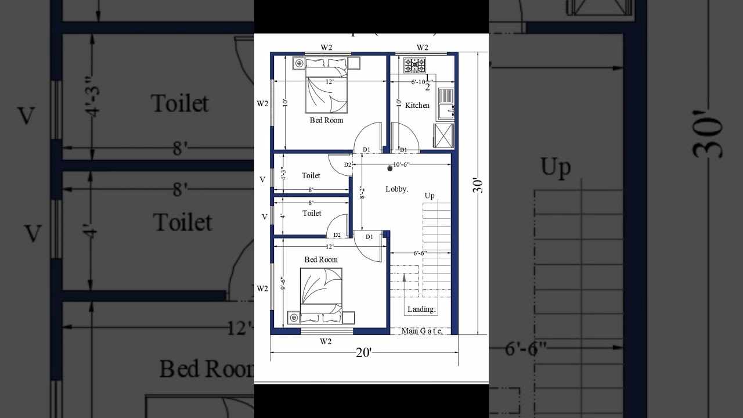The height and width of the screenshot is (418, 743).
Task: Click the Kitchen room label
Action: pyautogui.click(x=417, y=105)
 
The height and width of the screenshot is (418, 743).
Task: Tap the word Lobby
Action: pyautogui.click(x=397, y=189)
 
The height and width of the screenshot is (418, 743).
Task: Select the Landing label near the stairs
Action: pyautogui.click(x=421, y=309)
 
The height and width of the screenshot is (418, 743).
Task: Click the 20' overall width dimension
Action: pyautogui.click(x=363, y=352)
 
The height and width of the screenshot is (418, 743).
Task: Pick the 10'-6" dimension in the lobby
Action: pyautogui.click(x=401, y=164)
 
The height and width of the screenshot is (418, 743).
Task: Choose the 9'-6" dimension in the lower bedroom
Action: pyautogui.click(x=283, y=283)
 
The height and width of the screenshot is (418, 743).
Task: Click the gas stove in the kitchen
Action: pyautogui.click(x=414, y=64)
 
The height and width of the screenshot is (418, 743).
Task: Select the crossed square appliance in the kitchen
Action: pyautogui.click(x=443, y=136)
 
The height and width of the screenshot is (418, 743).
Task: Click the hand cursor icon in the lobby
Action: pyautogui.click(x=390, y=167)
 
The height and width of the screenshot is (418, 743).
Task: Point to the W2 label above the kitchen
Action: pyautogui.click(x=422, y=47)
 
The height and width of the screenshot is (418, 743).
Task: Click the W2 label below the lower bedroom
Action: pyautogui.click(x=326, y=341)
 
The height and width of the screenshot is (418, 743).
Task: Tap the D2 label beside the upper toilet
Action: pyautogui.click(x=347, y=165)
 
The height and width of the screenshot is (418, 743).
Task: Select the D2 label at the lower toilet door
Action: pyautogui.click(x=337, y=235)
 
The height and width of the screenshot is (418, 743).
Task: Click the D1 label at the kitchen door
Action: pyautogui.click(x=403, y=150)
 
